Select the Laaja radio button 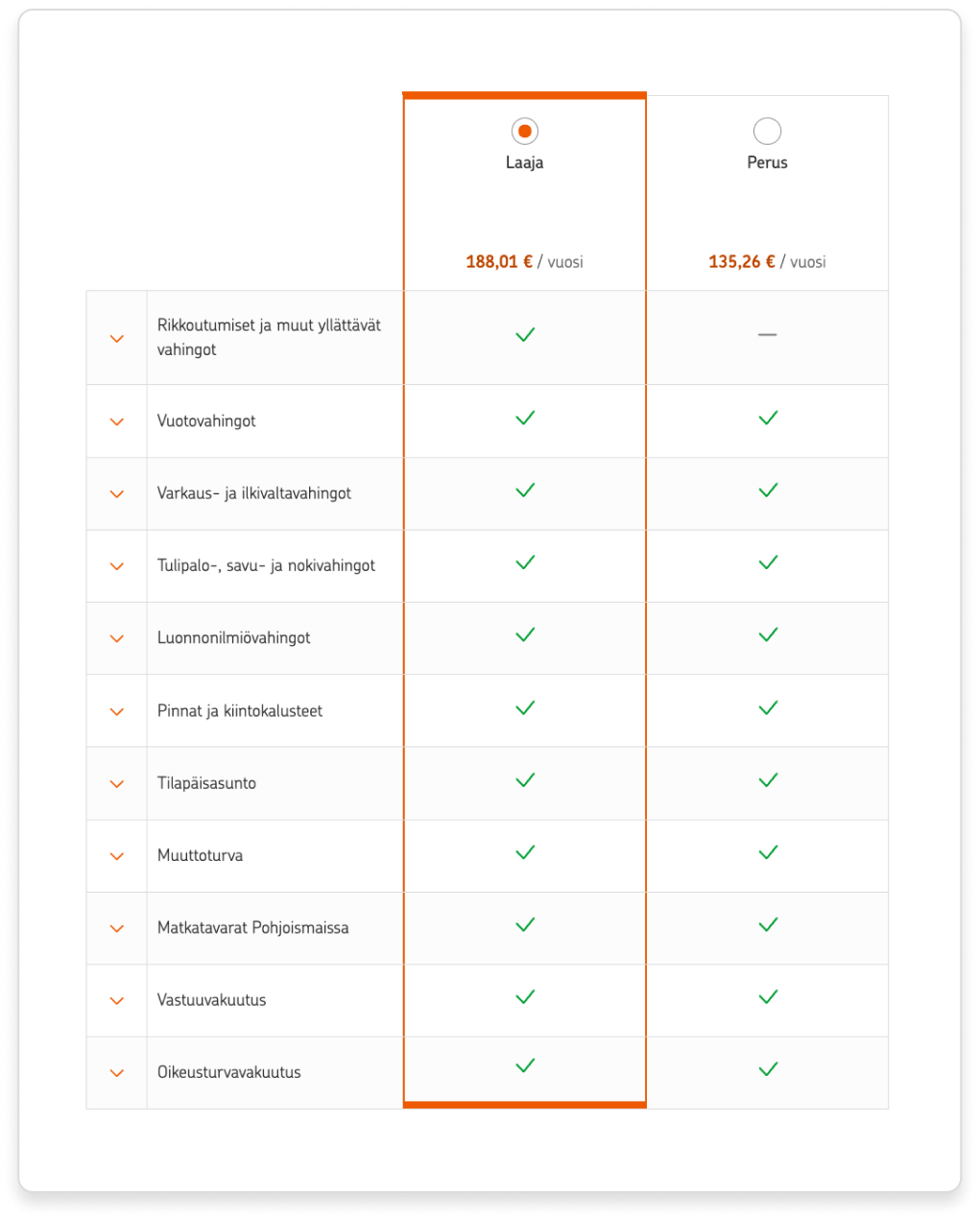point(524,131)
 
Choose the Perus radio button point(767,131)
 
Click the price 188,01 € point(499,261)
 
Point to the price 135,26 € point(742,261)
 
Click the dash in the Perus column point(767,334)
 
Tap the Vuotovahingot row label point(206,420)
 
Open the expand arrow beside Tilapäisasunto point(117,783)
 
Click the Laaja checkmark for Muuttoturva point(525,852)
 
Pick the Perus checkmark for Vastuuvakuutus point(768,997)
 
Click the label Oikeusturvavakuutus point(228,1072)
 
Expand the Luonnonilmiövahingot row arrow point(117,638)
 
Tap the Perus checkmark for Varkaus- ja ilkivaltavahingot point(768,490)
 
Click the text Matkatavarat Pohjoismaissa point(252,927)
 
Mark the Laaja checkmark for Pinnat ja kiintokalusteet point(525,707)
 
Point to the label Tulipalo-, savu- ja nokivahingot point(266,565)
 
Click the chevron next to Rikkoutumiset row point(117,339)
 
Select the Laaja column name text point(524,162)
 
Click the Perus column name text point(767,162)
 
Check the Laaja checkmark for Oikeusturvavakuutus point(525,1065)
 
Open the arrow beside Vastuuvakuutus point(117,1000)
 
